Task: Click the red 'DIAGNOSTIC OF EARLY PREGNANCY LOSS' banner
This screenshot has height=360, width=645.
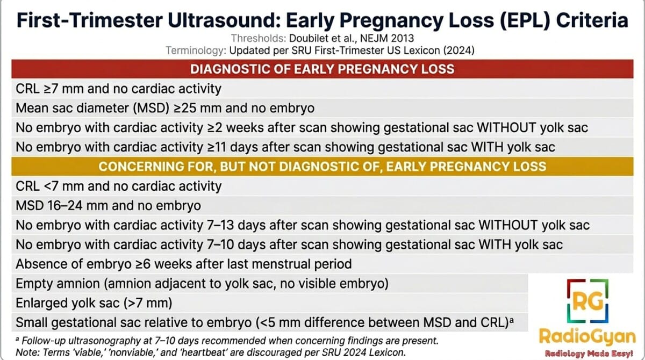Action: pos(322,69)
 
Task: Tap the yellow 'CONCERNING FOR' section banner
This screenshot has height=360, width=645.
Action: pos(322,167)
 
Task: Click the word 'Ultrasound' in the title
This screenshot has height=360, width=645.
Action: pos(224,20)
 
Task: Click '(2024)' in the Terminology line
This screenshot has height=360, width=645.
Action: pos(458,51)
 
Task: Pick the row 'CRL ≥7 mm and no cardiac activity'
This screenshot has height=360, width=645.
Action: pos(118,89)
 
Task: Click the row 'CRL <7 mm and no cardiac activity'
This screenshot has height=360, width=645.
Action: pos(118,186)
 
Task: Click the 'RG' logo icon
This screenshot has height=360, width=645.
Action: pos(587,301)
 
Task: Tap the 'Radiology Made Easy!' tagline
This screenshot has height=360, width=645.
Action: pos(589,354)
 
